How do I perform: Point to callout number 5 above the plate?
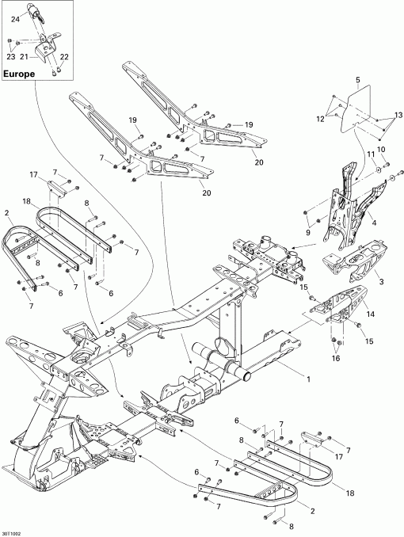(x=357, y=81)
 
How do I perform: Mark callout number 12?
(x=321, y=118)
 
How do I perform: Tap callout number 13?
(x=398, y=116)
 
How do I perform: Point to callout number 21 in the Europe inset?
(x=24, y=57)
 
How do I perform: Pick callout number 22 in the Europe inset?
(x=65, y=56)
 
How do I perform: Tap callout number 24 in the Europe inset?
(x=15, y=19)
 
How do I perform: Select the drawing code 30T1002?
(x=13, y=531)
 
